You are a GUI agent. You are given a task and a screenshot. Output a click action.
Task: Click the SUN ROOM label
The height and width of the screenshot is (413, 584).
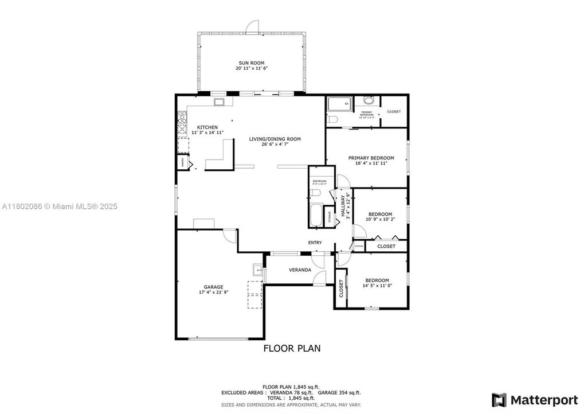(x=251, y=63)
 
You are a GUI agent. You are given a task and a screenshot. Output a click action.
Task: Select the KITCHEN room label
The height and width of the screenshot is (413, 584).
(x=207, y=127)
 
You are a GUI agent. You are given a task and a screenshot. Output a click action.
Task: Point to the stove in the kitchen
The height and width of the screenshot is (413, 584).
(x=182, y=119)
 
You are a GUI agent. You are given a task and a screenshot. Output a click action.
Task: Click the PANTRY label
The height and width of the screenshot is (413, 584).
(x=183, y=163)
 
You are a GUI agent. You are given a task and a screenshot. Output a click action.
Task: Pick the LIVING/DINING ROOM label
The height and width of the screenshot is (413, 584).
(x=274, y=139)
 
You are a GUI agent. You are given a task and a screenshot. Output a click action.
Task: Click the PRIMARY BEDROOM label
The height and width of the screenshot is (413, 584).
(x=371, y=158)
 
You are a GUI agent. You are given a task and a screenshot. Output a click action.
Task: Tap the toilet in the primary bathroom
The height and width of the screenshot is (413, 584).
(x=333, y=120)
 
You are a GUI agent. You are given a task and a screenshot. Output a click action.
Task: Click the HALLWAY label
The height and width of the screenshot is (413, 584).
(x=343, y=205)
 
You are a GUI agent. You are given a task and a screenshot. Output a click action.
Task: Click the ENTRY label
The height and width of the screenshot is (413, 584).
(x=315, y=243)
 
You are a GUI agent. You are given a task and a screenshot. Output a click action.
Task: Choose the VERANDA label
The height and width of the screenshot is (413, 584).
(x=300, y=270)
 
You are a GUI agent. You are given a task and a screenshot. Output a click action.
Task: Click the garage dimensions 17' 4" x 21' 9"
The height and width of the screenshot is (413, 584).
(x=213, y=293)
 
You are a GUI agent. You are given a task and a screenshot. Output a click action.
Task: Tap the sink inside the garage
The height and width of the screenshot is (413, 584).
(x=258, y=270)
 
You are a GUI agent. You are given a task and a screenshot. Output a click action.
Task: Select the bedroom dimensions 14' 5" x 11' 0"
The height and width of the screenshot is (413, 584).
(x=377, y=286)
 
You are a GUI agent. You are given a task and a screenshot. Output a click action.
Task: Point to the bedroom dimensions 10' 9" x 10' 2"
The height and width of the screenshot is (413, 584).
(x=380, y=219)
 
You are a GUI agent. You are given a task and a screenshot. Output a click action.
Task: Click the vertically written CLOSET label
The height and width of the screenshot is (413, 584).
(x=341, y=289)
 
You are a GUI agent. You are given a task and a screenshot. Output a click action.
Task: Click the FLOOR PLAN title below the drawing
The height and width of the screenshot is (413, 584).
(x=292, y=348)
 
